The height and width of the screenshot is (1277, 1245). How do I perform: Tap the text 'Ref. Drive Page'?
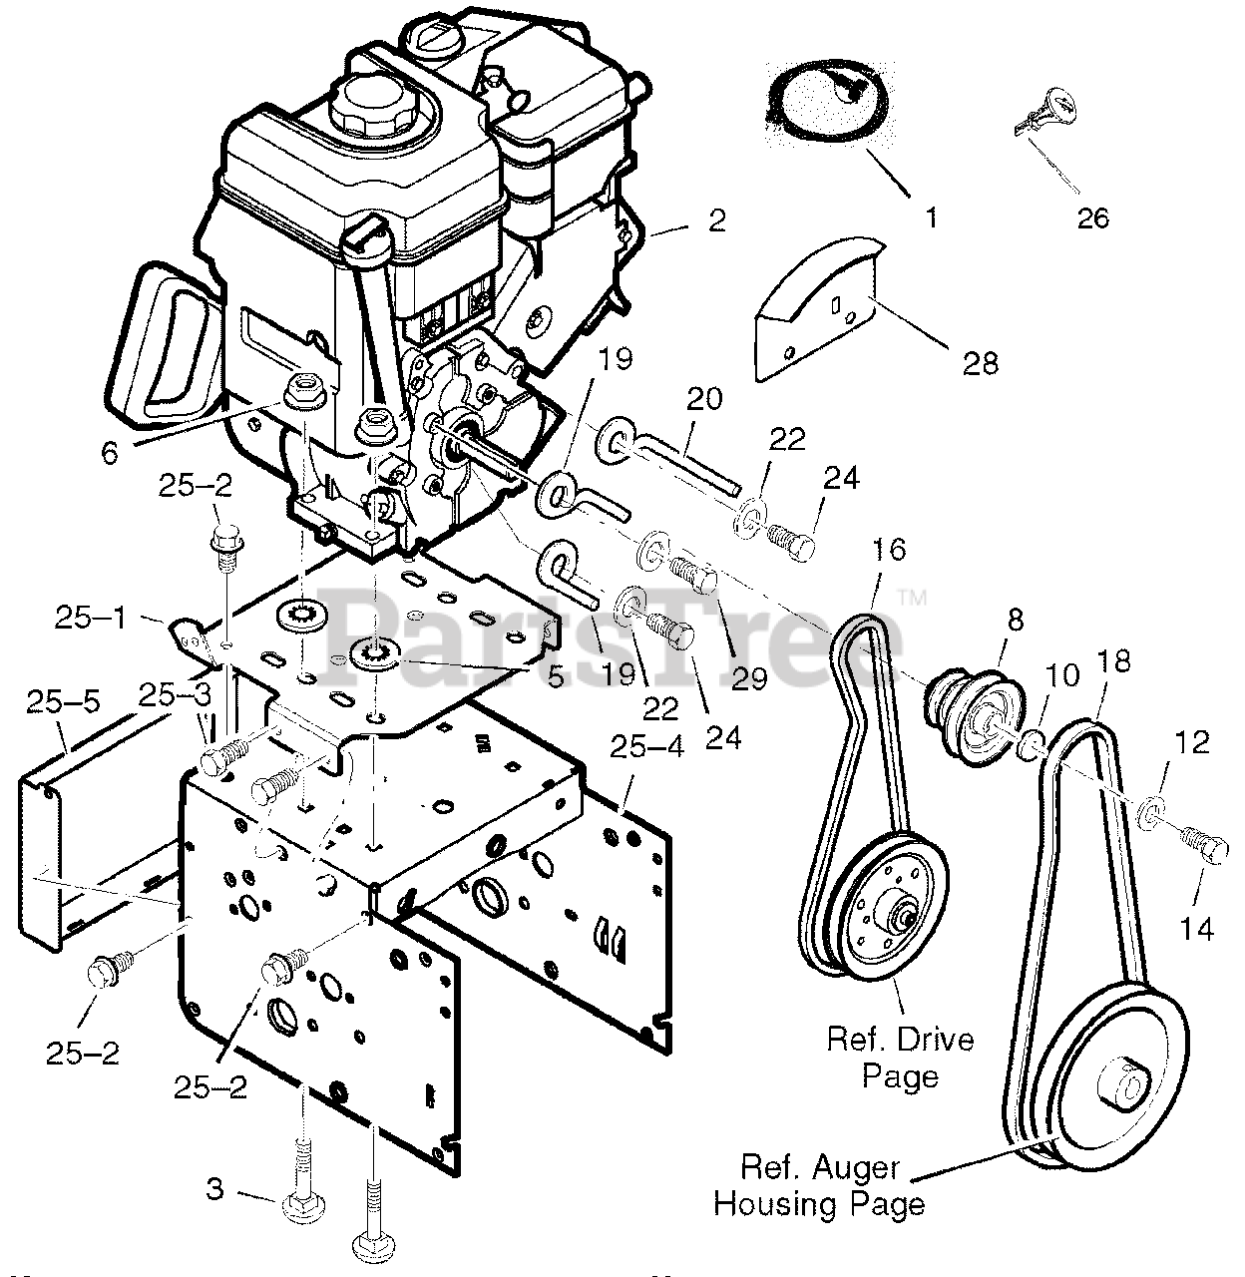[900, 1058]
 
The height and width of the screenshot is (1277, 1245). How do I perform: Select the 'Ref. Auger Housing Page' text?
[819, 1186]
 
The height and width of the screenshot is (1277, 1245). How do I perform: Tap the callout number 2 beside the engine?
[716, 220]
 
